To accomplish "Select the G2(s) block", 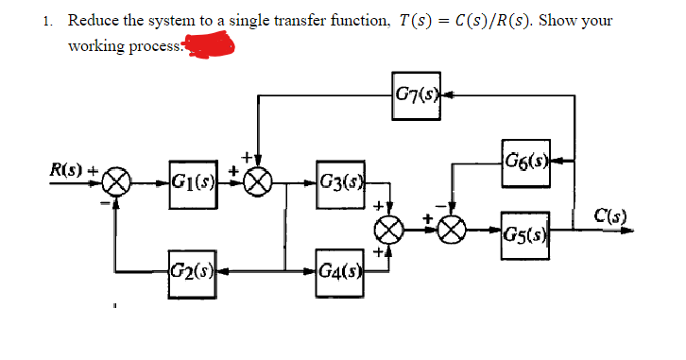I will click(x=190, y=261).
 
